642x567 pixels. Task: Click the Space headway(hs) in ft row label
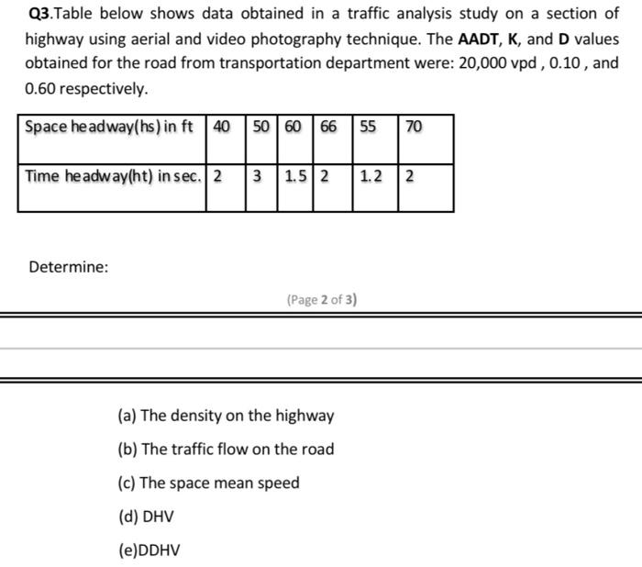tap(109, 127)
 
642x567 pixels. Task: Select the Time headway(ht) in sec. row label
tap(111, 176)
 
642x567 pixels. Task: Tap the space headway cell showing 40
tap(221, 127)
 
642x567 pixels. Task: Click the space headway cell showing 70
tap(414, 127)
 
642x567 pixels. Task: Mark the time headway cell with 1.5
tap(294, 176)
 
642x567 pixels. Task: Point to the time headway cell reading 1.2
tap(371, 176)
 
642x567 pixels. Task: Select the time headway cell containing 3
tap(259, 176)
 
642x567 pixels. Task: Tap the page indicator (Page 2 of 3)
tap(321, 299)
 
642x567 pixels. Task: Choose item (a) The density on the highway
tap(226, 416)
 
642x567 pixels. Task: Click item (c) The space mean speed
tap(208, 483)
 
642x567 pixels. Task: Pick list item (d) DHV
tap(146, 517)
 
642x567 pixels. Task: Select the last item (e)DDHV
tap(149, 550)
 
